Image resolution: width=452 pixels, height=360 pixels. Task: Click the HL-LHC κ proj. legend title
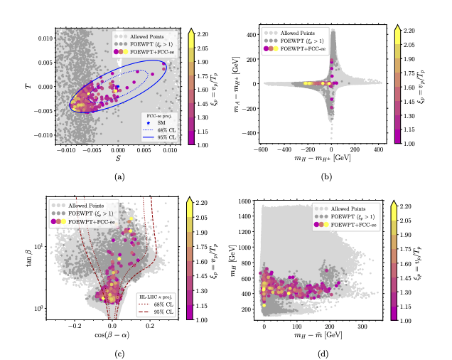click(154, 295)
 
